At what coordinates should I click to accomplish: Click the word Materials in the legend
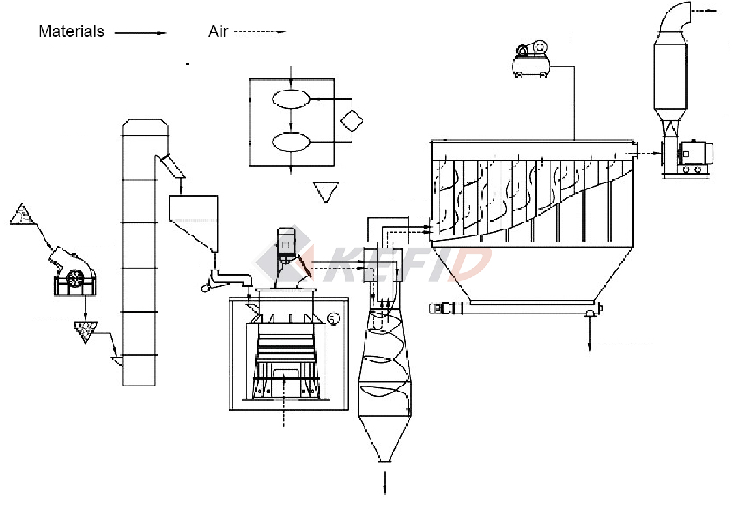pyautogui.click(x=72, y=31)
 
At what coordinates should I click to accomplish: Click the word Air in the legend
pyautogui.click(x=218, y=31)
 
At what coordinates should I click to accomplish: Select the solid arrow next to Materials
pyautogui.click(x=140, y=33)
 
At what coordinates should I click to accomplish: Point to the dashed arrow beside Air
pyautogui.click(x=259, y=32)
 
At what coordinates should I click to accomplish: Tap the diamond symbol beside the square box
pyautogui.click(x=352, y=121)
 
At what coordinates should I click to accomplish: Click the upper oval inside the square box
pyautogui.click(x=290, y=99)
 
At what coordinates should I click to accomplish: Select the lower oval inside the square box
pyautogui.click(x=290, y=142)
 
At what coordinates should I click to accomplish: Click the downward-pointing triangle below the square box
pyautogui.click(x=326, y=192)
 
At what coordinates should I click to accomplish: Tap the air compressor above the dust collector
pyautogui.click(x=530, y=60)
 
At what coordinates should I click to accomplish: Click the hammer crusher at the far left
pyautogui.click(x=74, y=273)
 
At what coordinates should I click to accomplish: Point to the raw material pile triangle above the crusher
pyautogui.click(x=25, y=215)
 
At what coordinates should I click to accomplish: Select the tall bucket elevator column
pyautogui.click(x=141, y=252)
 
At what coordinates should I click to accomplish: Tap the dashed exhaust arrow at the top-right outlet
pyautogui.click(x=703, y=12)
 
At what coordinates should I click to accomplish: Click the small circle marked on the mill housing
pyautogui.click(x=333, y=318)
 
